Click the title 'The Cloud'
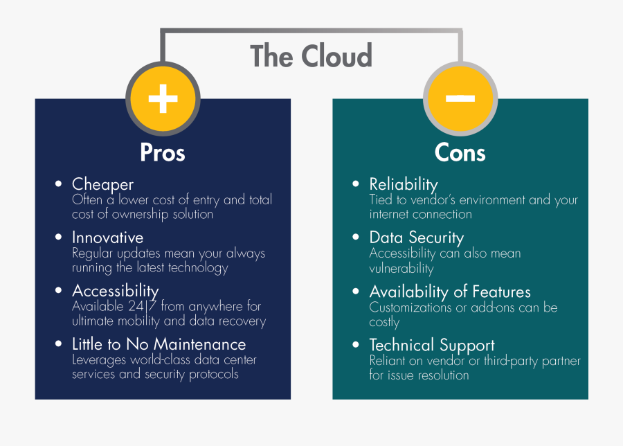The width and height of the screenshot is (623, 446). point(311,56)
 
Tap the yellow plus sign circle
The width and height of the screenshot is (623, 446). point(163,98)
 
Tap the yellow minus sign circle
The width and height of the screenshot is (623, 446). point(460,98)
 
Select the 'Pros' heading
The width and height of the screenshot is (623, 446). point(163,152)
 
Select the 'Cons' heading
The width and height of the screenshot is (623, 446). point(460,152)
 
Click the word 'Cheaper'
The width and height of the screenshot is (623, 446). point(102,184)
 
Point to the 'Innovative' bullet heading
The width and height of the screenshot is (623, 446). point(107,238)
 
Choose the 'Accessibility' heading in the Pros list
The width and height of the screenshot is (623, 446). point(115,290)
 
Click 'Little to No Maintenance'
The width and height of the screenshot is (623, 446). point(159,344)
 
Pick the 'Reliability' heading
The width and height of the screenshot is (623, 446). point(404,184)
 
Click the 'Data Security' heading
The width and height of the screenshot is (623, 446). point(416,238)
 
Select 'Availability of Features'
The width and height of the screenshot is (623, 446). point(450,292)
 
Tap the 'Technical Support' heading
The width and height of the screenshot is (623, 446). point(432,345)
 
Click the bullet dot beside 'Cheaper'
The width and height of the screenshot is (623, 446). point(59,184)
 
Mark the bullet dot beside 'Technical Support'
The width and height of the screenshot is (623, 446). point(356,344)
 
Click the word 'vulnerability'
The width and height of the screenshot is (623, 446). point(401,269)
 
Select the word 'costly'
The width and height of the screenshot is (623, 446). point(385,322)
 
